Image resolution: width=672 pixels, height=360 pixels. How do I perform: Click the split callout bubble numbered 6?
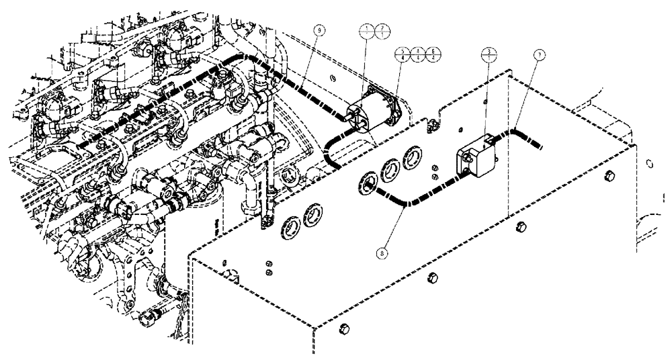click(x=433, y=51)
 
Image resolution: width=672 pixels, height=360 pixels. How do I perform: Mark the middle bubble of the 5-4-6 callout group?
click(x=417, y=51)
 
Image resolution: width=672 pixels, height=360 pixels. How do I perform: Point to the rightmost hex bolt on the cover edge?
click(x=607, y=176)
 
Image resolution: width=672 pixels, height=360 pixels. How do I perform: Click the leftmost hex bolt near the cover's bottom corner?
click(x=345, y=328)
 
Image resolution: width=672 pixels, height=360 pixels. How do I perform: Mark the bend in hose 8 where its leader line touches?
click(x=405, y=204)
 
